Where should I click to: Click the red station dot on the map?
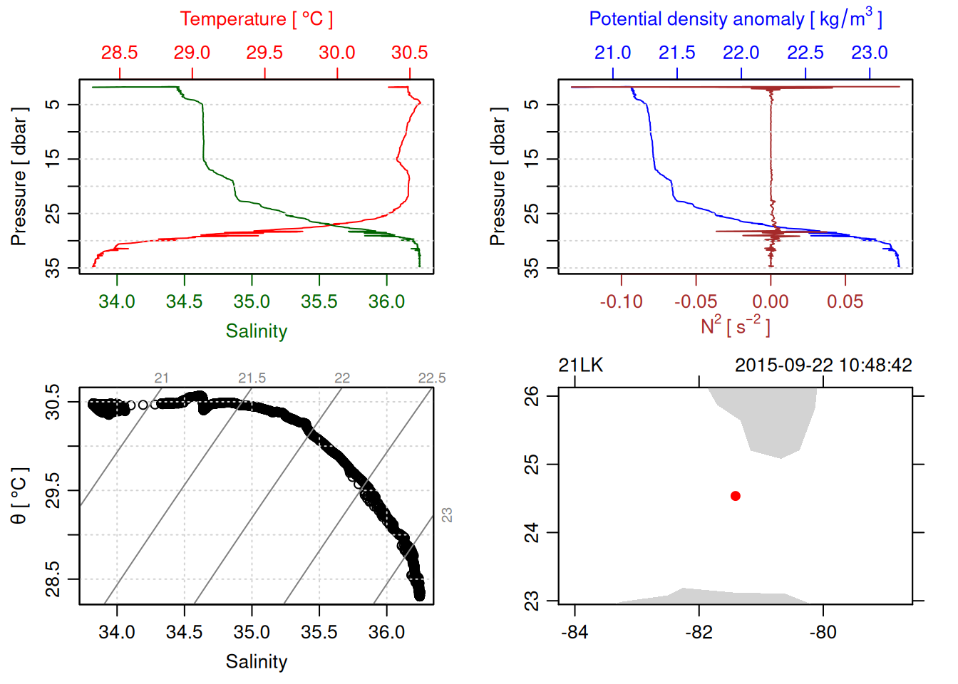coord(736,496)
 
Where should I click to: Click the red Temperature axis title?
coord(257,19)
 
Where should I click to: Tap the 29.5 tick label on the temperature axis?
coord(264,53)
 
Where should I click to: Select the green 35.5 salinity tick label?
coord(319,301)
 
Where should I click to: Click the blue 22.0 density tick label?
coord(741,53)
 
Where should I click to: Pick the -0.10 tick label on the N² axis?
coord(621,302)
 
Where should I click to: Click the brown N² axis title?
coord(736,326)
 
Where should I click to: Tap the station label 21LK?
coord(580,366)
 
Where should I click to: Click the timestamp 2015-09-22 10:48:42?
coord(823,366)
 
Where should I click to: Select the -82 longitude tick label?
coord(699,632)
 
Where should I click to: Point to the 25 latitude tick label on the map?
coord(532,465)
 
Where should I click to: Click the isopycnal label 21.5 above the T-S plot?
coord(252,378)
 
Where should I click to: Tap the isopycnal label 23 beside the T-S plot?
coord(447,514)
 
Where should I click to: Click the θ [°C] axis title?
coord(19,496)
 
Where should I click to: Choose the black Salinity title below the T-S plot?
coord(257,662)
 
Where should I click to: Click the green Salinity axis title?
coord(257,331)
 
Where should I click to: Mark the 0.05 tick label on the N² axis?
coord(845,302)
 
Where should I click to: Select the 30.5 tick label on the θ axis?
coord(53,402)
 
